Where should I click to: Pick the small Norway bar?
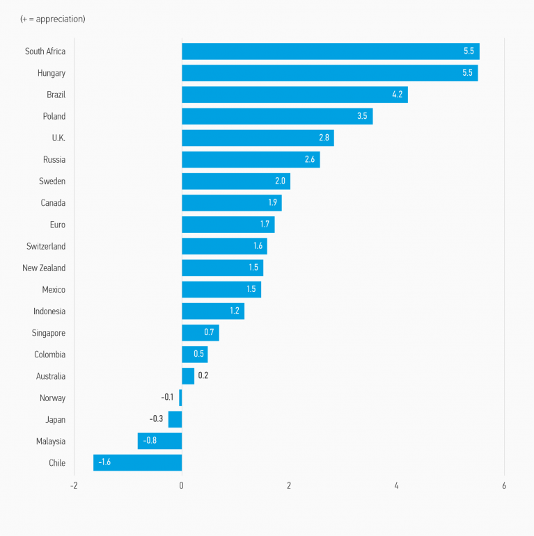point(180,398)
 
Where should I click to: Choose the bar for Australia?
point(188,376)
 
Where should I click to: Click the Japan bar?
point(175,419)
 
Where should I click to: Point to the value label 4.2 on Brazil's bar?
point(397,95)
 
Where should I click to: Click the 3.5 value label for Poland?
point(362,116)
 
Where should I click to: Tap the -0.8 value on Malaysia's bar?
point(150,441)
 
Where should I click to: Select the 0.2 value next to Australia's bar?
point(203,376)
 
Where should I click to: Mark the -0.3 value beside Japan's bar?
point(156,419)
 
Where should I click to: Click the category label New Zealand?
point(44,268)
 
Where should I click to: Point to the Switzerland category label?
point(46,246)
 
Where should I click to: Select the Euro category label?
point(58,225)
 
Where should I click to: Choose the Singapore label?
point(49,333)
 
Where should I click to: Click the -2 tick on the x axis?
point(74,485)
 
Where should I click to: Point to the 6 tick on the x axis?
point(504,485)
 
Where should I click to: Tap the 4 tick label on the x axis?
point(397,485)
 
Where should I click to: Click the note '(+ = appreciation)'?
point(53,19)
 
